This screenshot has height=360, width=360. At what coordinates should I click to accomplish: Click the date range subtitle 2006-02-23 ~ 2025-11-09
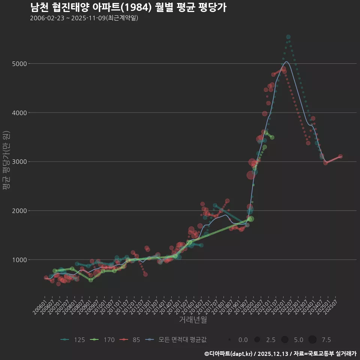click(x=84, y=18)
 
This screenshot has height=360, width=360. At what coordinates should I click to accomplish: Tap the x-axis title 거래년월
click(x=193, y=320)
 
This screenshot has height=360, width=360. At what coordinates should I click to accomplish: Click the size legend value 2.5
click(x=271, y=340)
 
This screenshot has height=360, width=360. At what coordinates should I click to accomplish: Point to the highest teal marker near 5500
click(x=288, y=37)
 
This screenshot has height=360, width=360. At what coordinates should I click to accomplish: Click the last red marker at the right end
click(x=340, y=156)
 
